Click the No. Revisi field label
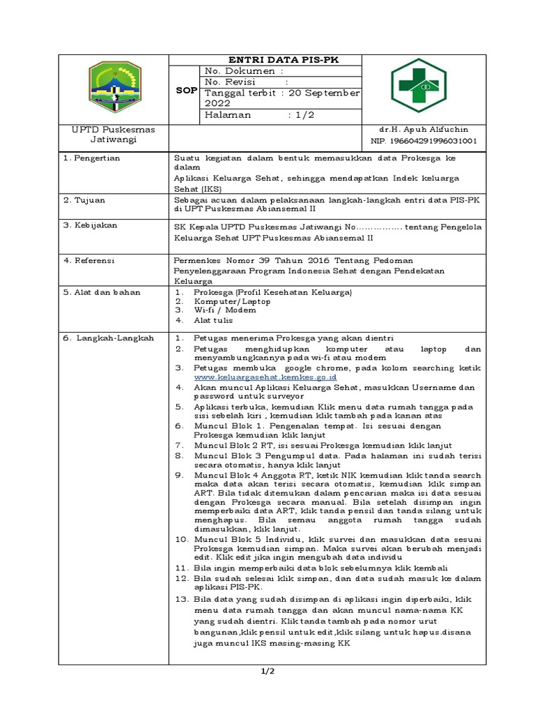[x=232, y=82]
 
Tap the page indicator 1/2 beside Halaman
[x=304, y=115]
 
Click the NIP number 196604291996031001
[x=424, y=140]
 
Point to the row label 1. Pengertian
[x=92, y=158]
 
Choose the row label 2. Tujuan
[x=84, y=200]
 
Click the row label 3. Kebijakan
[x=90, y=225]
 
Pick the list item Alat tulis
[x=213, y=321]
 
